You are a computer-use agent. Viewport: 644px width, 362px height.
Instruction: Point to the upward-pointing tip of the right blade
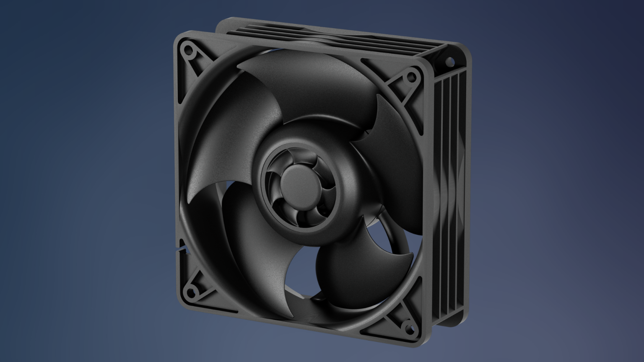click(378, 96)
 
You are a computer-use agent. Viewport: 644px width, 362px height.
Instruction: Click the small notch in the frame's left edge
click(181, 250)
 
